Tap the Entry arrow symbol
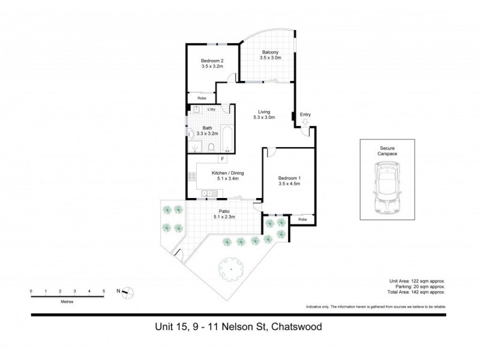[305, 122]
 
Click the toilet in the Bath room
[211, 146]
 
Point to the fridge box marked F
[222, 159]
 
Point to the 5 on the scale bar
[104, 290]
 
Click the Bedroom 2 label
[212, 61]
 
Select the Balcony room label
[269, 52]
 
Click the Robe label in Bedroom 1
[302, 220]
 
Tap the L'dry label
[211, 110]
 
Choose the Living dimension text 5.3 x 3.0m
[263, 118]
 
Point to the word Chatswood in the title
[296, 328]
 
